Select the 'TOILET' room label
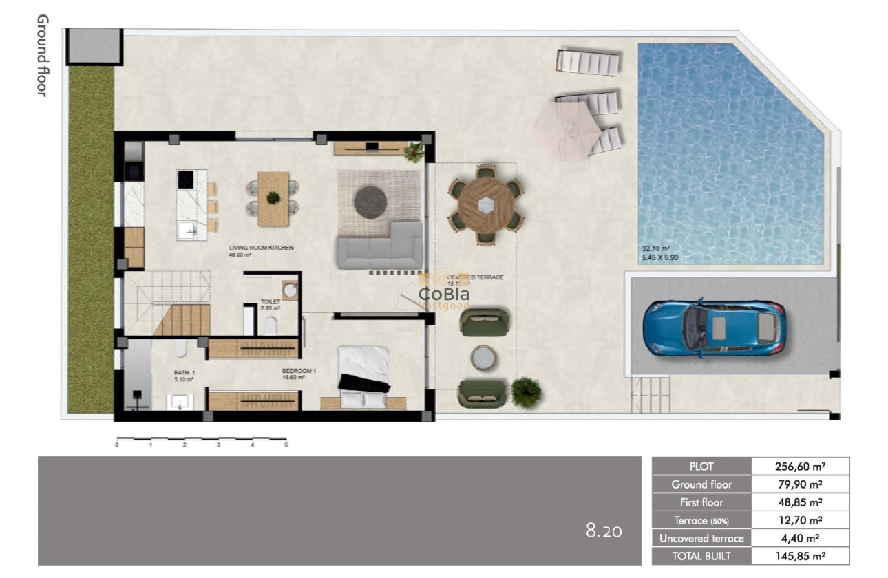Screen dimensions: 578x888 [x=268, y=301]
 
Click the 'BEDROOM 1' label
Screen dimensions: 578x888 [x=299, y=371]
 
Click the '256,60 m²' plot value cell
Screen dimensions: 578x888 [x=800, y=466]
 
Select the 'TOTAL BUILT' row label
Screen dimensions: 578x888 [x=701, y=556]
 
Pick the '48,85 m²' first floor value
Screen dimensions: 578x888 [x=800, y=502]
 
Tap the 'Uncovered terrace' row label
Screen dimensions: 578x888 [x=701, y=538]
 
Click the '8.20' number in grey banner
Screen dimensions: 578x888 [x=604, y=531]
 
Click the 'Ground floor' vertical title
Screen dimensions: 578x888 [x=42, y=55]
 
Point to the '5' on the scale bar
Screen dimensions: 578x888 [x=286, y=445]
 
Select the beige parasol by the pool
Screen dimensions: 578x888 [x=565, y=128]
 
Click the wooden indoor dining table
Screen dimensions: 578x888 [x=273, y=198]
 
